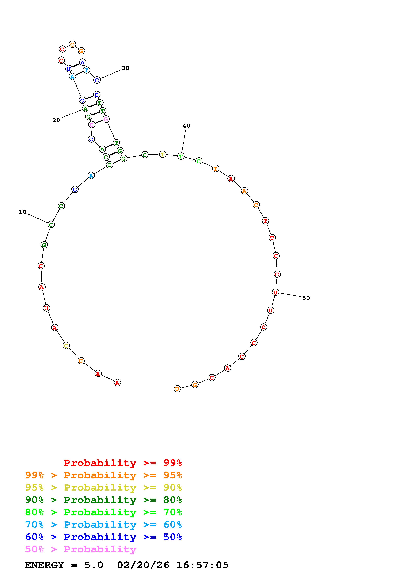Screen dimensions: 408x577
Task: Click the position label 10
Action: click(x=22, y=212)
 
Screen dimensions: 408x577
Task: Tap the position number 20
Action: click(x=56, y=120)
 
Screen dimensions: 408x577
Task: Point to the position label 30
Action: click(x=125, y=68)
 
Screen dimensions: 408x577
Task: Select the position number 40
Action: click(x=186, y=126)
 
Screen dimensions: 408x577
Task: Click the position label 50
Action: click(x=306, y=298)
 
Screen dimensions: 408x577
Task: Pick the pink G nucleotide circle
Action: click(x=106, y=119)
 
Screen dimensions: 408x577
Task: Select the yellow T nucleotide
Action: click(x=163, y=154)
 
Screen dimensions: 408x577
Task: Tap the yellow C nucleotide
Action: click(x=66, y=346)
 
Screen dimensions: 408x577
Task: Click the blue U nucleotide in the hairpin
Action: click(x=69, y=69)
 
